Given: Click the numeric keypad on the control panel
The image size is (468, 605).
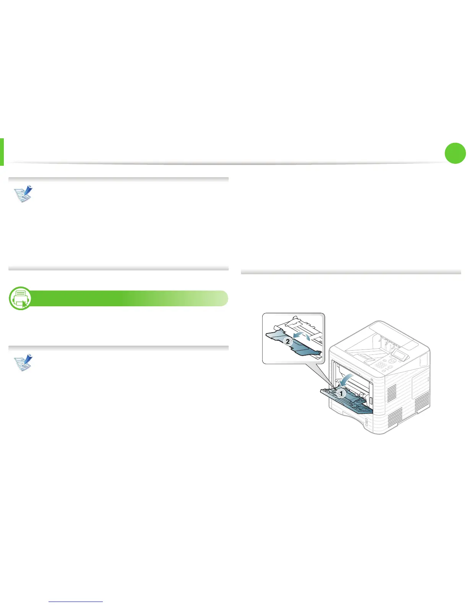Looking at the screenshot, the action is [381, 365].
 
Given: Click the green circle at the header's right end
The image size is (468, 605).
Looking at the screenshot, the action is [455, 153].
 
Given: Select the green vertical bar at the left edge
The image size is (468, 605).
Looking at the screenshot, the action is [2, 152].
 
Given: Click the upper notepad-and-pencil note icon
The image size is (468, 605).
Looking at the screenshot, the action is [23, 194].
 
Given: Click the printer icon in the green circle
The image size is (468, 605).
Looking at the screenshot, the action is [20, 298].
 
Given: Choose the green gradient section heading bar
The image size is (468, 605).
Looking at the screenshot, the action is [126, 298].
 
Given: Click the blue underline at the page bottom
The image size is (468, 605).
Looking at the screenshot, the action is [76, 602].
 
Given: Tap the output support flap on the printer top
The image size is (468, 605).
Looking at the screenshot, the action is [365, 357].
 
